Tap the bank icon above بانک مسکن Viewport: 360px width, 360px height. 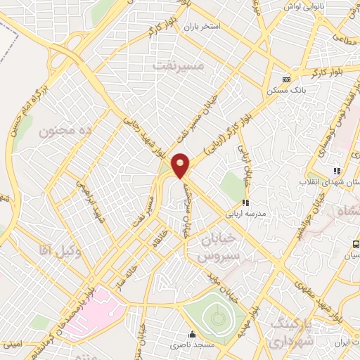(285, 79)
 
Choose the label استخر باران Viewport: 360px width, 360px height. (202, 27)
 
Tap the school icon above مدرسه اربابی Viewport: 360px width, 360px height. (245, 202)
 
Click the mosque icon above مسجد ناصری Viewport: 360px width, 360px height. (191, 334)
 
